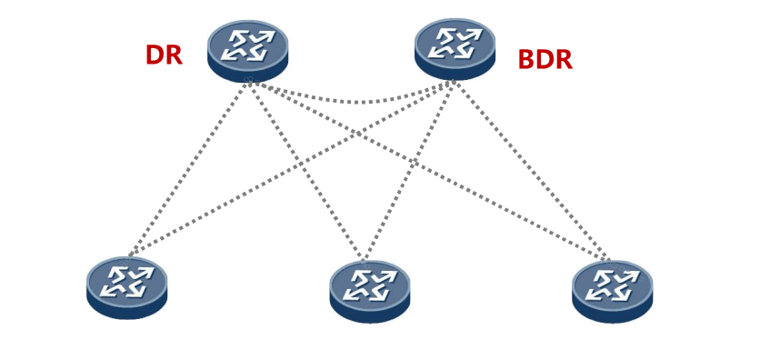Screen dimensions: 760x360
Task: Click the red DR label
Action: (x=164, y=55)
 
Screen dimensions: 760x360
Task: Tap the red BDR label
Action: (x=545, y=60)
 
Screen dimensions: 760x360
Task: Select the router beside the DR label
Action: (x=248, y=51)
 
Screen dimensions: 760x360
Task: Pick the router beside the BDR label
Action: (x=455, y=49)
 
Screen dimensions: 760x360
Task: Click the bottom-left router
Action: (x=127, y=288)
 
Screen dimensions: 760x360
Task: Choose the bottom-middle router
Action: (x=370, y=291)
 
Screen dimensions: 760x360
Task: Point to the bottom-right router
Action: (x=612, y=291)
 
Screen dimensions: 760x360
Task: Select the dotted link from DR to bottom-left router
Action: (x=189, y=168)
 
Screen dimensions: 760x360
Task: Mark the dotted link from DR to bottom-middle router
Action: (x=306, y=171)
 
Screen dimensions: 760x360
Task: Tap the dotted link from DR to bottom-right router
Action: (x=429, y=171)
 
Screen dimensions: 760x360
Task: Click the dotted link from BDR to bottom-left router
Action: (x=292, y=168)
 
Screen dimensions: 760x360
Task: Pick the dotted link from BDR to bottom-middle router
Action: (x=410, y=171)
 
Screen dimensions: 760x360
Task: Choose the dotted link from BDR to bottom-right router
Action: (x=532, y=171)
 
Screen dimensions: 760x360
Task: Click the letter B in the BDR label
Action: (x=527, y=60)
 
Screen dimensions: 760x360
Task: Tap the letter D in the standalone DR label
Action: (x=155, y=55)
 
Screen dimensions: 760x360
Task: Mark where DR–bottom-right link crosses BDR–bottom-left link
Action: (x=356, y=134)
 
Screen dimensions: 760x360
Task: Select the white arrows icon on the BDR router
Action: (x=455, y=42)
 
